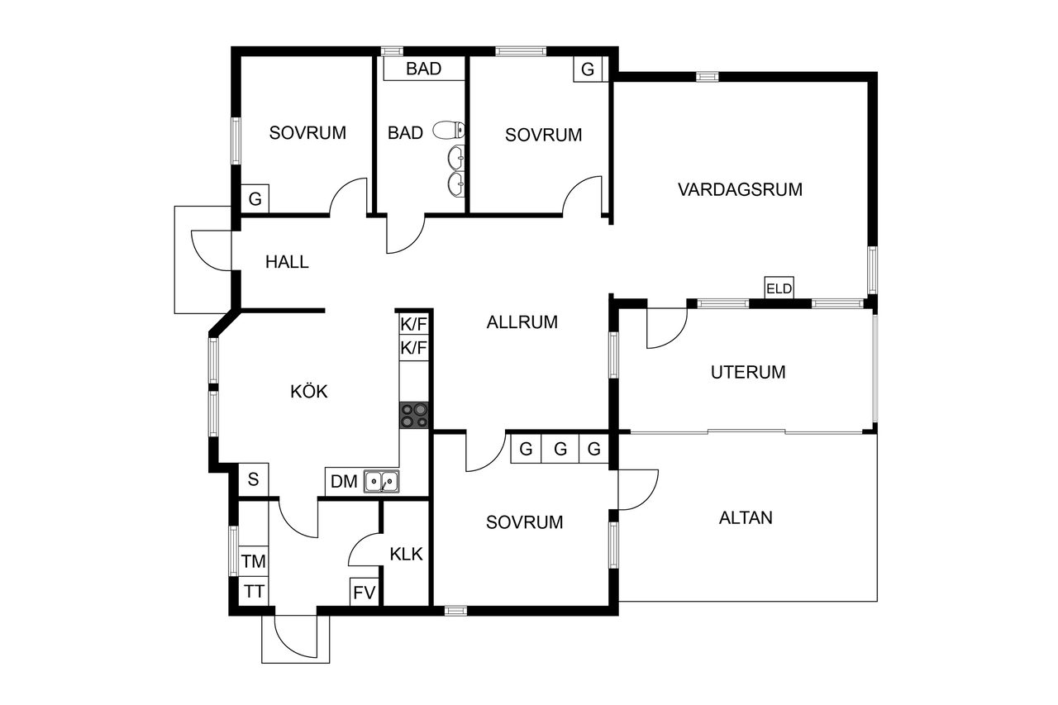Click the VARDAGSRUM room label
click(x=740, y=189)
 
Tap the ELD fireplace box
click(x=779, y=288)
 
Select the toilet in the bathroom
click(x=449, y=130)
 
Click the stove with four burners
click(x=414, y=415)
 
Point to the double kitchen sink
click(x=381, y=481)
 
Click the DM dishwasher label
click(x=344, y=482)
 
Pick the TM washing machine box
click(x=254, y=561)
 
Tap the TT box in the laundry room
click(x=254, y=591)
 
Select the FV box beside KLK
click(x=365, y=592)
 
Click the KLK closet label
click(x=406, y=554)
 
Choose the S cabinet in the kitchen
click(x=253, y=479)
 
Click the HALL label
click(x=287, y=262)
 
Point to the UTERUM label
click(x=748, y=372)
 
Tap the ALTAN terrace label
click(x=746, y=518)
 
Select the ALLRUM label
click(x=522, y=322)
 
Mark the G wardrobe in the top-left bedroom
click(x=255, y=199)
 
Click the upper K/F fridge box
click(x=414, y=325)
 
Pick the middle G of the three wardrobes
click(x=560, y=449)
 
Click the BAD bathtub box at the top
click(x=424, y=69)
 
